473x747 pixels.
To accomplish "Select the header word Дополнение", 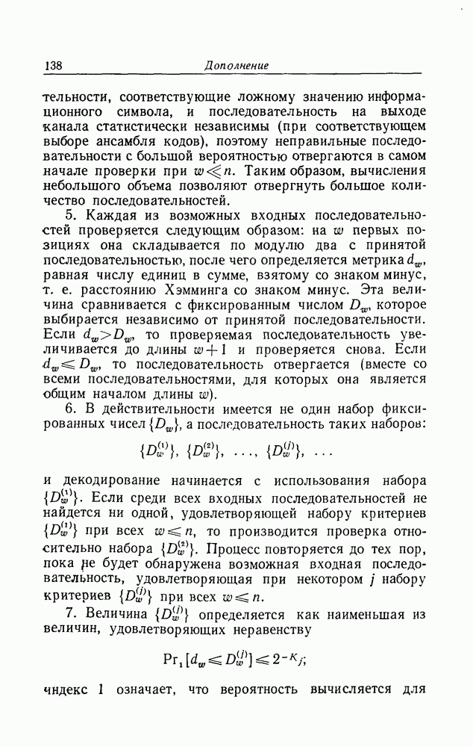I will pyautogui.click(x=236, y=66).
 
